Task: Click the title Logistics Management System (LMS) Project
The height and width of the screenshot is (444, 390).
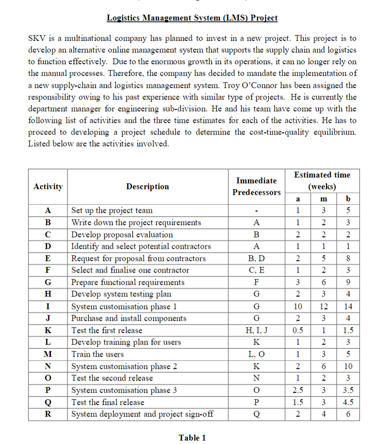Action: [192, 18]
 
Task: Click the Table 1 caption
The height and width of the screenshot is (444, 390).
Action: [192, 438]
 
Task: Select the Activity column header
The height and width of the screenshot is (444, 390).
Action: [48, 187]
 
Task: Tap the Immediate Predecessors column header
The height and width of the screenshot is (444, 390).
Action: [256, 187]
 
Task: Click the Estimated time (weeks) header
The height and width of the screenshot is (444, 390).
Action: [322, 181]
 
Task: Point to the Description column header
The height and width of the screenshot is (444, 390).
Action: [147, 187]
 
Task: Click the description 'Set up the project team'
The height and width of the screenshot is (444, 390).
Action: [112, 210]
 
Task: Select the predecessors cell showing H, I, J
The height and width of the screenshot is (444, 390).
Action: [256, 330]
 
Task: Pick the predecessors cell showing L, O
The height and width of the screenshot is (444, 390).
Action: [256, 354]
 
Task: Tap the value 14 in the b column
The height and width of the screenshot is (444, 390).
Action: [348, 307]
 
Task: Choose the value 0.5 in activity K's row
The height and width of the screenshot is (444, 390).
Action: [299, 330]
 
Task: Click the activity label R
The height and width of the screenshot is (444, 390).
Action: [48, 414]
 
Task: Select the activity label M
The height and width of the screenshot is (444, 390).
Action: [48, 354]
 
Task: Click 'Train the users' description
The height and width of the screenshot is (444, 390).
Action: [97, 354]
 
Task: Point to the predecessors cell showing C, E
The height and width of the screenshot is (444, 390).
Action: [256, 270]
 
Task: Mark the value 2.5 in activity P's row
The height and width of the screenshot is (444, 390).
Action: [299, 390]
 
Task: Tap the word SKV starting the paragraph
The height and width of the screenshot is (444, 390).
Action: [36, 38]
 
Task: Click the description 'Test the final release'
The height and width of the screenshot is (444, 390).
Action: [108, 402]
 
